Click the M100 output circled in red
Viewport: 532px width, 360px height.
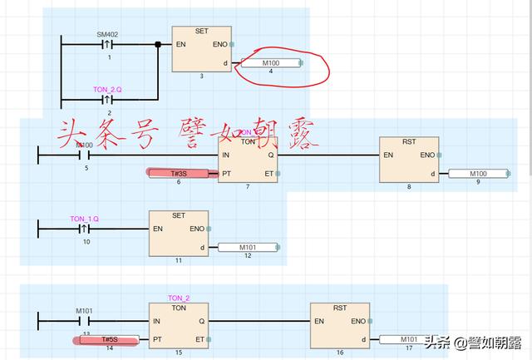point(271,63)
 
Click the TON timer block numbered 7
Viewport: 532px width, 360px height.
point(248,158)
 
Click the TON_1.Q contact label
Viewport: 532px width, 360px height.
point(85,218)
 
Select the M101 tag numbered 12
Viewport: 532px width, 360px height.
point(249,247)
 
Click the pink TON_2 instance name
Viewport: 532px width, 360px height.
point(179,298)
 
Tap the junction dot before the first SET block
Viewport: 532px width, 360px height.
point(158,44)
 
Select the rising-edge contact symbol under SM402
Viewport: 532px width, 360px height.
point(106,45)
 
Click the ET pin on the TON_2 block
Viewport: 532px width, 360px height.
point(199,339)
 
